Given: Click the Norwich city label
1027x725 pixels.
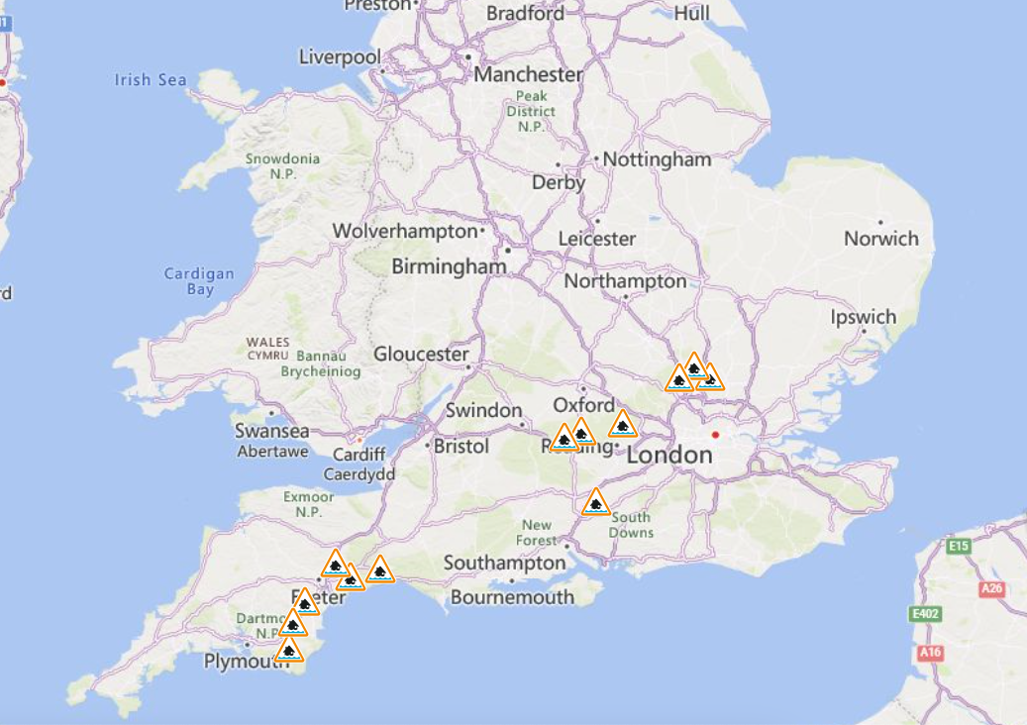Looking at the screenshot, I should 881,239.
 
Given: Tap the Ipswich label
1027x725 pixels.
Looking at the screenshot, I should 864,318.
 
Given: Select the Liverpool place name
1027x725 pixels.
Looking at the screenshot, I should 340,57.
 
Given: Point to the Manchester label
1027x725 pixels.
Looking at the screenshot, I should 529,74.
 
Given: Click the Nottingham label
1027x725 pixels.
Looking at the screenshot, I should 657,159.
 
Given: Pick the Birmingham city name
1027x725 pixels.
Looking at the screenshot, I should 449,266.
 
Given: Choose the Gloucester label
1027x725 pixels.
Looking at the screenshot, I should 421,354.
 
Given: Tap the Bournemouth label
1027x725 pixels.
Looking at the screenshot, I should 512,597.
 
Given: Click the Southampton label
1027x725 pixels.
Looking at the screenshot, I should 504,563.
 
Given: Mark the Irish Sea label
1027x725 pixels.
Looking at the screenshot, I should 151,79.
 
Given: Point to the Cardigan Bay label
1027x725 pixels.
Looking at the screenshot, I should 199,281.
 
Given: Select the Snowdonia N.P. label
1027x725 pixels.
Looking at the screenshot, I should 282,165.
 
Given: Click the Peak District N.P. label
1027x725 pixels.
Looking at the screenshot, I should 531,111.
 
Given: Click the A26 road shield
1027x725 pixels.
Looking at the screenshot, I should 991,588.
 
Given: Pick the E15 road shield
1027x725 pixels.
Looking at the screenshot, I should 958,546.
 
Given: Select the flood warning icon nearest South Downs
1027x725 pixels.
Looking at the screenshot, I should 595,502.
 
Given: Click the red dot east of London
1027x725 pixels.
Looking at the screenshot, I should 714,435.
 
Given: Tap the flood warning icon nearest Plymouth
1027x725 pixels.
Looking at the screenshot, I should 288,650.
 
